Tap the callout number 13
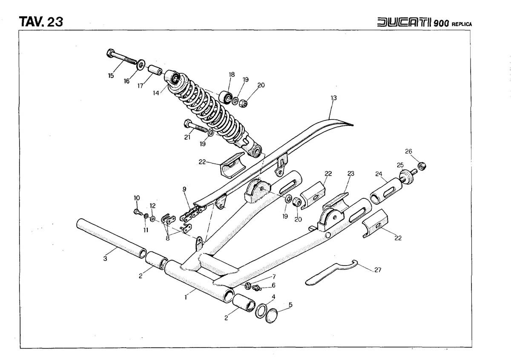333,98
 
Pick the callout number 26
408,151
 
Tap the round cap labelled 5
271,317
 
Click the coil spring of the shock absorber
209,106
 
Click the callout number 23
350,173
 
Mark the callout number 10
137,197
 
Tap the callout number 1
186,297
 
